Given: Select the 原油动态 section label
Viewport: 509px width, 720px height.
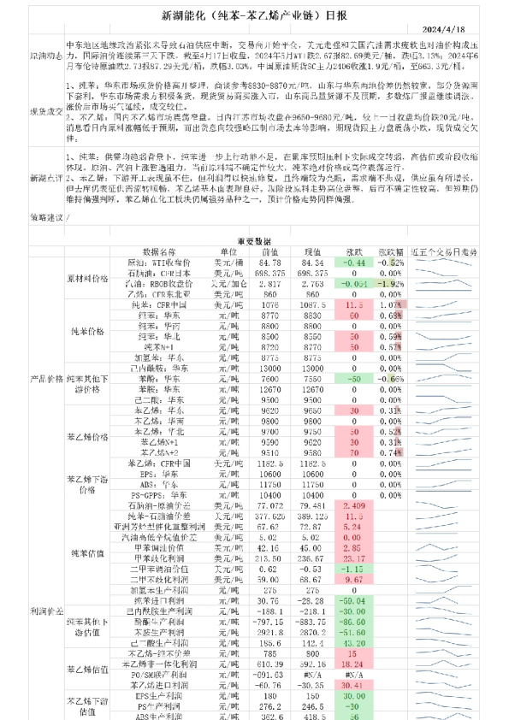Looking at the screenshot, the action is pos(45,54).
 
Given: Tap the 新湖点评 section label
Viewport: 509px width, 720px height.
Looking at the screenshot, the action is pos(45,177).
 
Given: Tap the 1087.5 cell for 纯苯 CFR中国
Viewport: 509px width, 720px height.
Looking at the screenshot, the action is pos(313,304).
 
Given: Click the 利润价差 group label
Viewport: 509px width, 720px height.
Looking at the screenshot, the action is pos(45,612).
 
